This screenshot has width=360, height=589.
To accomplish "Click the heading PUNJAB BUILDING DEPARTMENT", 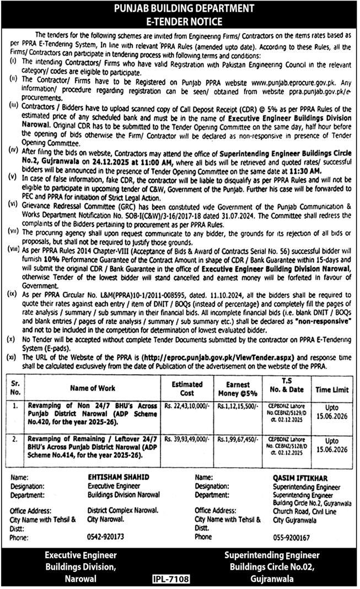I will coord(180,9).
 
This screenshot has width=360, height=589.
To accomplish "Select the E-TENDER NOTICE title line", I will coord(180,21).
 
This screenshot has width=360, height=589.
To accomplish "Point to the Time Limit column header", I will coord(332,389).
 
